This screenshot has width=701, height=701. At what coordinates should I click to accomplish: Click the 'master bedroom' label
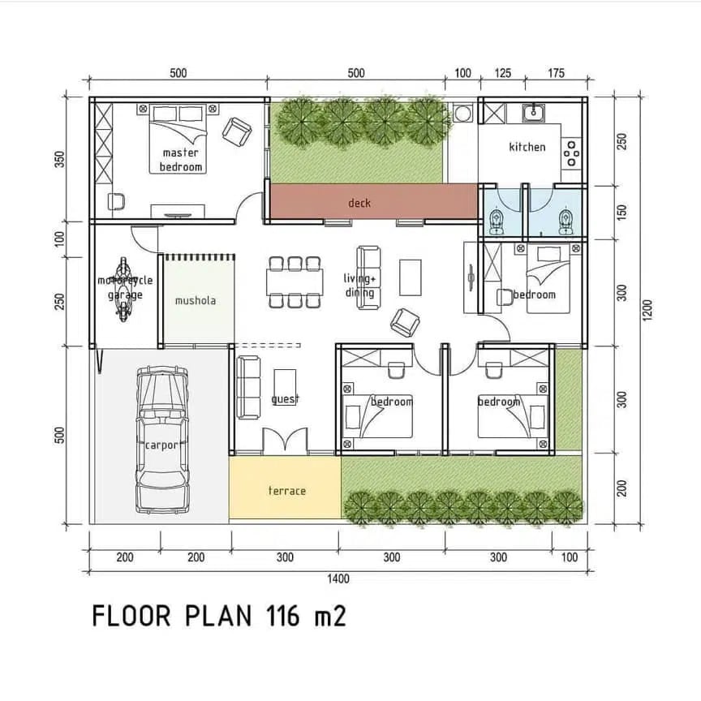tap(181, 160)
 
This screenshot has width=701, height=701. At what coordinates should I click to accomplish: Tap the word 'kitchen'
tap(527, 147)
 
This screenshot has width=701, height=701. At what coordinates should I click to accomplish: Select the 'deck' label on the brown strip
tap(359, 203)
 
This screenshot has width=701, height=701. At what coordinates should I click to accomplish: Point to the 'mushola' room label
tap(196, 300)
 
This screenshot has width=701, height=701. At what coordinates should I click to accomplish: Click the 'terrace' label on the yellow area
tap(287, 490)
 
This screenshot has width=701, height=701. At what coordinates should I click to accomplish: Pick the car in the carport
tap(162, 440)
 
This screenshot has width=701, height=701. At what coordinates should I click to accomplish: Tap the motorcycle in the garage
tap(124, 289)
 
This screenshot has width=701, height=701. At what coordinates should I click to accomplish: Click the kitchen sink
tap(534, 112)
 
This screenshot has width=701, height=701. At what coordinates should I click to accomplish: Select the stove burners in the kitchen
tap(571, 153)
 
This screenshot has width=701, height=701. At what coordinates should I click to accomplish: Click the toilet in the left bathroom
tap(496, 221)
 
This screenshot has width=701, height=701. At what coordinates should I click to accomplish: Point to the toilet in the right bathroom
tap(566, 221)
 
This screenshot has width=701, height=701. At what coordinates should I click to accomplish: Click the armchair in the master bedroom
tap(236, 131)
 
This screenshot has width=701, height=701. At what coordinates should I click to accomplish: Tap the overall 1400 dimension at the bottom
tap(338, 578)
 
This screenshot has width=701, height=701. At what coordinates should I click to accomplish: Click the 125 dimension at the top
tap(502, 73)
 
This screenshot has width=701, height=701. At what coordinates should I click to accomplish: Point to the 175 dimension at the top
tap(556, 73)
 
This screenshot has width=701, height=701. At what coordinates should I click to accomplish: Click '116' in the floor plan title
tap(282, 616)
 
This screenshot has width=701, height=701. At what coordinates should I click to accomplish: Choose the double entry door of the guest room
tap(285, 441)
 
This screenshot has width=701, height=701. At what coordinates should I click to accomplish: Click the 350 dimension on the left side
tap(59, 159)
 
